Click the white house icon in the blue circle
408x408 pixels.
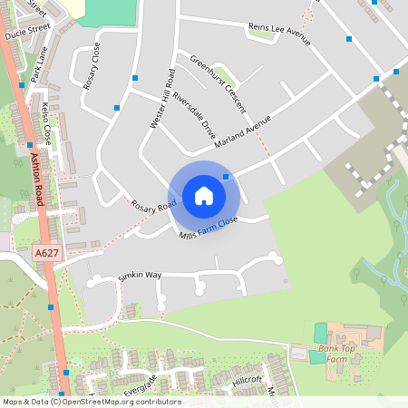pos(204,196)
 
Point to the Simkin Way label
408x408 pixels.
pos(139,274)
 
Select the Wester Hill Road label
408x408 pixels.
pos(160,100)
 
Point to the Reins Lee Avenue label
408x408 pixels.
pos(279,34)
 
